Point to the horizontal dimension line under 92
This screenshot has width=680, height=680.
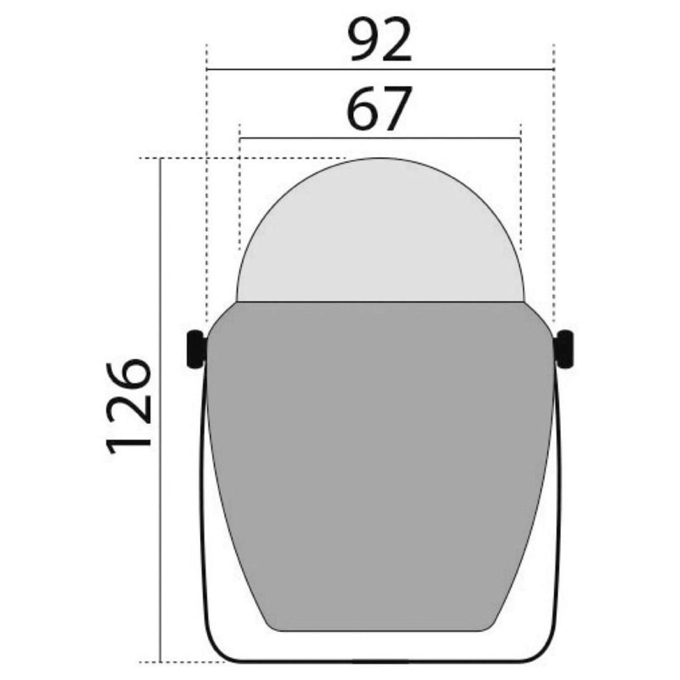click(381, 70)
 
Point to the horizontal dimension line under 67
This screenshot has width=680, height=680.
click(380, 138)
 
